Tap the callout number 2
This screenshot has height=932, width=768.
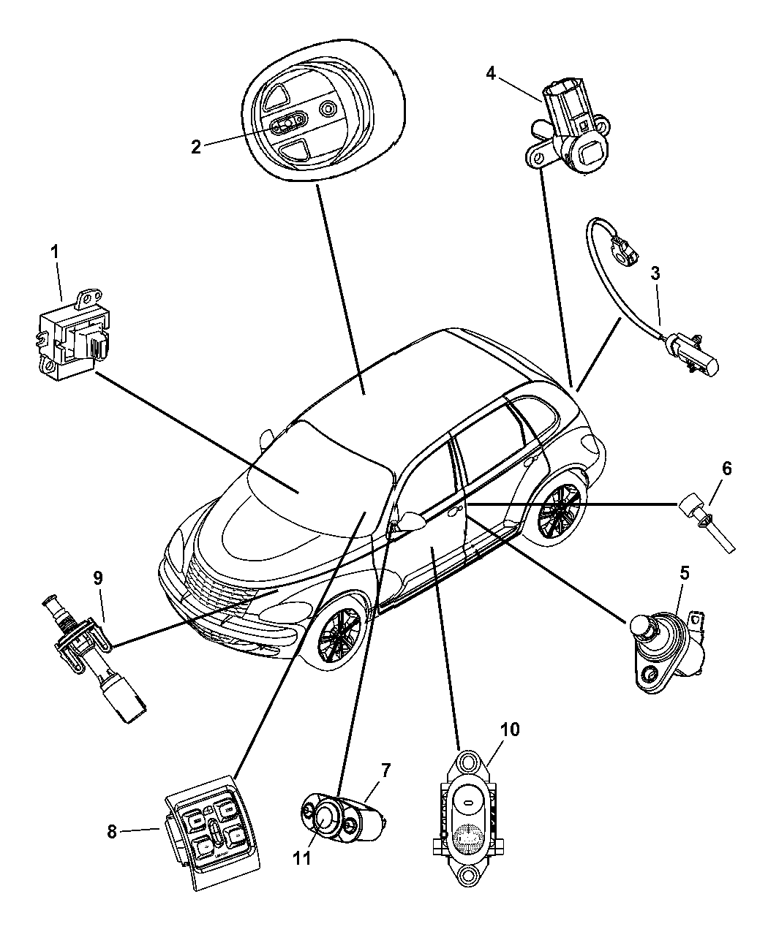(x=196, y=147)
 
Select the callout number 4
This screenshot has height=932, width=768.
(x=491, y=72)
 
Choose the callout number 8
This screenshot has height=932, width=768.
(x=112, y=833)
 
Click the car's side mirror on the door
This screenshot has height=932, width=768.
(x=413, y=521)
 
